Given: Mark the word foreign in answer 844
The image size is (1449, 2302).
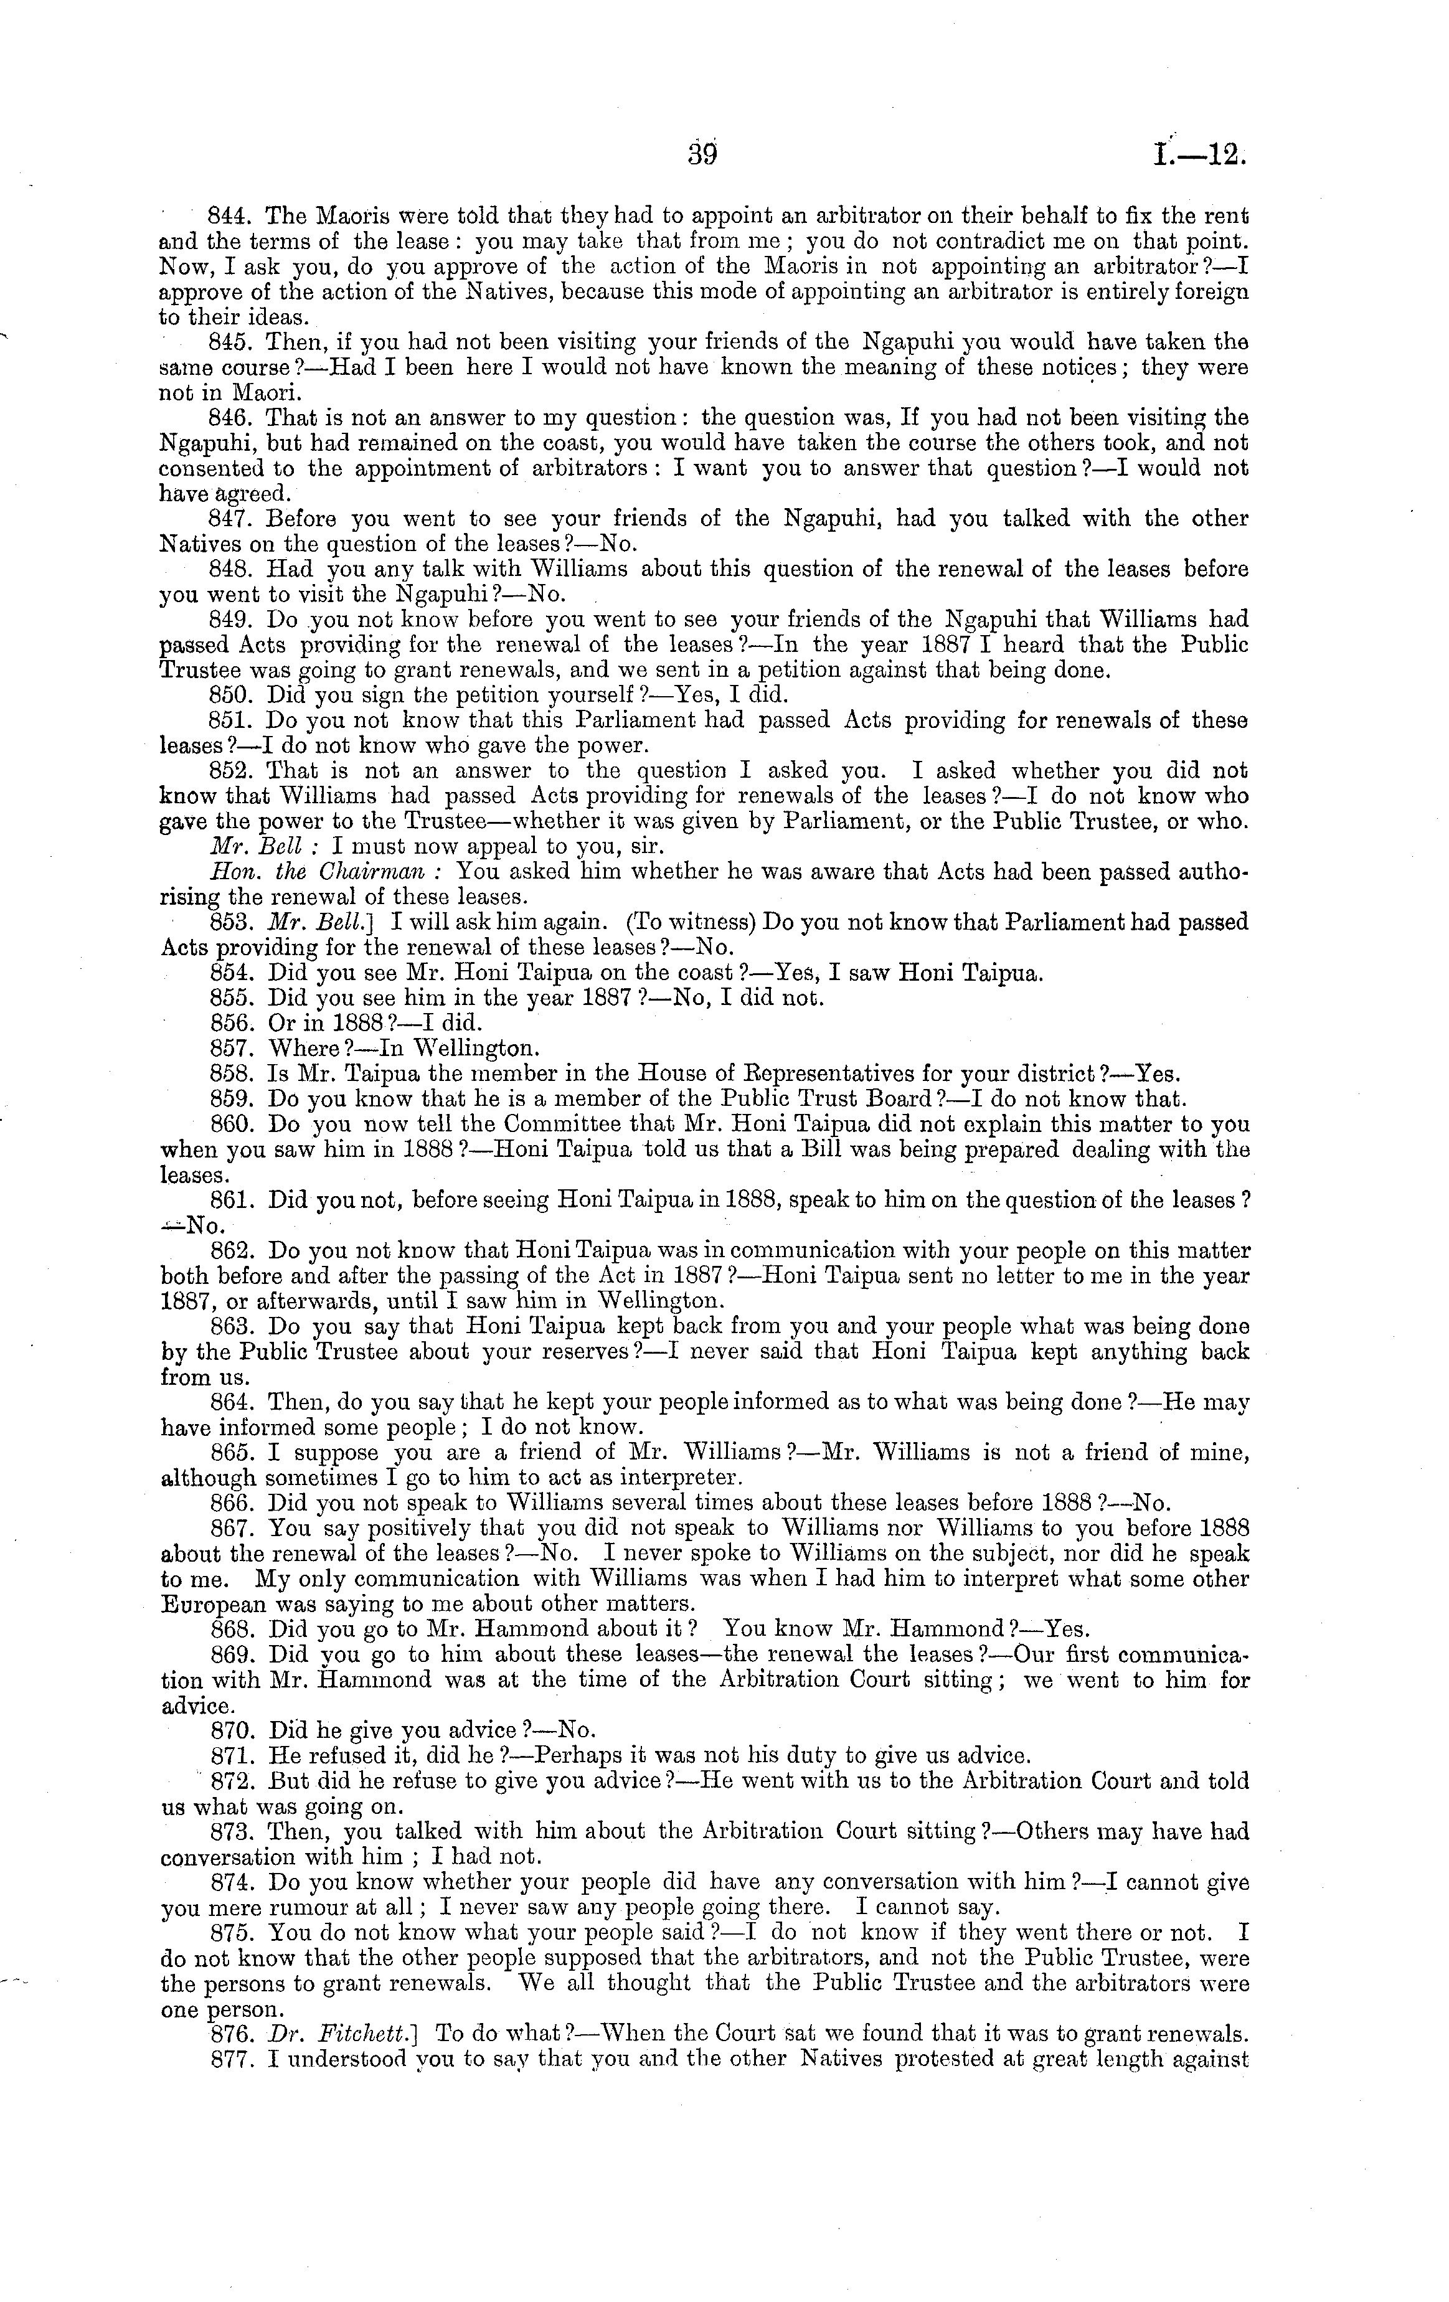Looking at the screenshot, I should pos(1212,291).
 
